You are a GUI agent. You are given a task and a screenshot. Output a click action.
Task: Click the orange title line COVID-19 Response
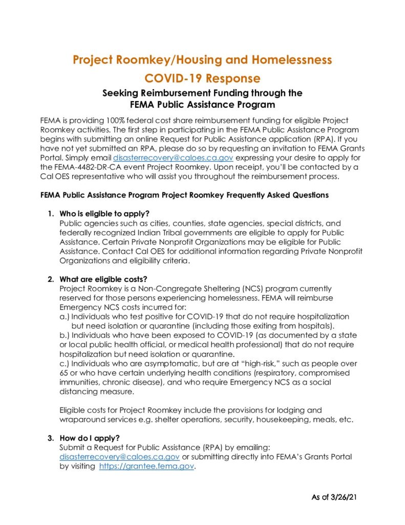(x=202, y=78)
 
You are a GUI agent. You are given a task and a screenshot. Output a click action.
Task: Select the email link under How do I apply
(x=119, y=456)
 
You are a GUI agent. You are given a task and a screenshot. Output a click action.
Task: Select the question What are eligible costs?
(x=103, y=279)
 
